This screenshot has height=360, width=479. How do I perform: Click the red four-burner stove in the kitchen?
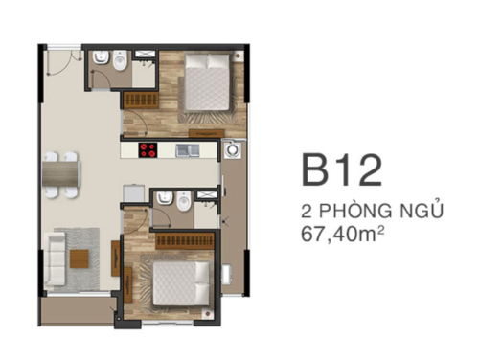148,149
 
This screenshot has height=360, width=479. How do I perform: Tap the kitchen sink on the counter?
188,149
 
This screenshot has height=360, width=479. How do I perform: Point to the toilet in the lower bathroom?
165,200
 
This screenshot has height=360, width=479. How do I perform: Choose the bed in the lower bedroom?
181,283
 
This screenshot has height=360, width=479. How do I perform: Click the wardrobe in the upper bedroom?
139,101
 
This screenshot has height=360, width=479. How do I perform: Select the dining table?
60,172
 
